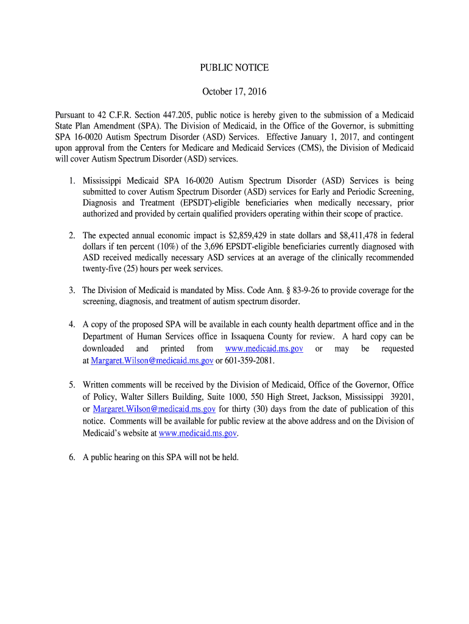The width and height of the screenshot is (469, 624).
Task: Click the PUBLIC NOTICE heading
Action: click(x=234, y=68)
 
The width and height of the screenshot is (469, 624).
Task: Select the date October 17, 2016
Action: click(x=234, y=92)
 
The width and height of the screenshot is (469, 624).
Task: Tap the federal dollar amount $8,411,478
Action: click(x=351, y=235)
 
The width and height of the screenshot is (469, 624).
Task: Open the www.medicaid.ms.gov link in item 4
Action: click(x=264, y=349)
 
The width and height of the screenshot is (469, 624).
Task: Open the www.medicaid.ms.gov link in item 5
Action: click(x=197, y=433)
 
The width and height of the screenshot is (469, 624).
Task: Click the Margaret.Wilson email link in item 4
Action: click(x=152, y=361)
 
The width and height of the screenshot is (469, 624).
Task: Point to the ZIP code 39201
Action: click(x=401, y=397)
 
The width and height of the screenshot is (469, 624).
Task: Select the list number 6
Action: click(x=71, y=458)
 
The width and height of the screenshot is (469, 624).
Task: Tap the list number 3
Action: click(x=71, y=291)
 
